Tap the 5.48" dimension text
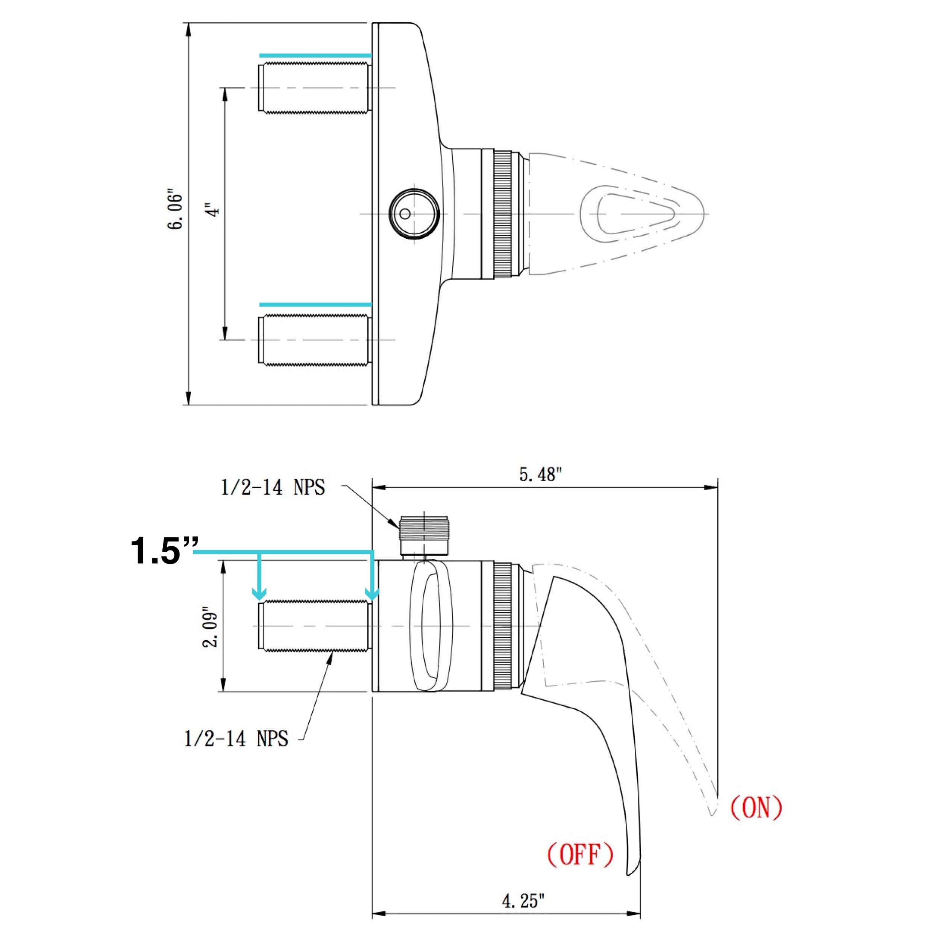click(x=540, y=475)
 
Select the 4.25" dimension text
click(x=523, y=901)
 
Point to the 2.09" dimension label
click(x=210, y=627)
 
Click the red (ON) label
click(x=756, y=807)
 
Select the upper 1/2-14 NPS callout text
click(x=273, y=487)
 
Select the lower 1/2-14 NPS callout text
click(x=236, y=738)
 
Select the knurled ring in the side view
click(x=503, y=626)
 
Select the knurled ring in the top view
click(x=503, y=214)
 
